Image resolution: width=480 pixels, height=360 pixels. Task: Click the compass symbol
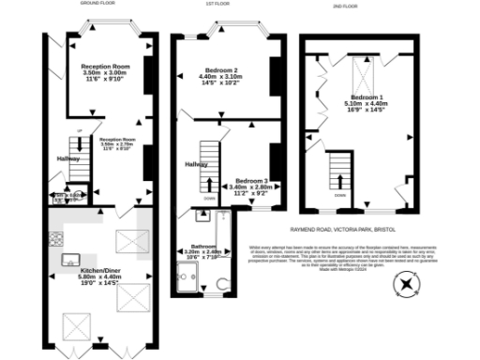[x=405, y=282]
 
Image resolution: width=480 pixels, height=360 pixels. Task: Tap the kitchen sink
[x=68, y=259]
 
